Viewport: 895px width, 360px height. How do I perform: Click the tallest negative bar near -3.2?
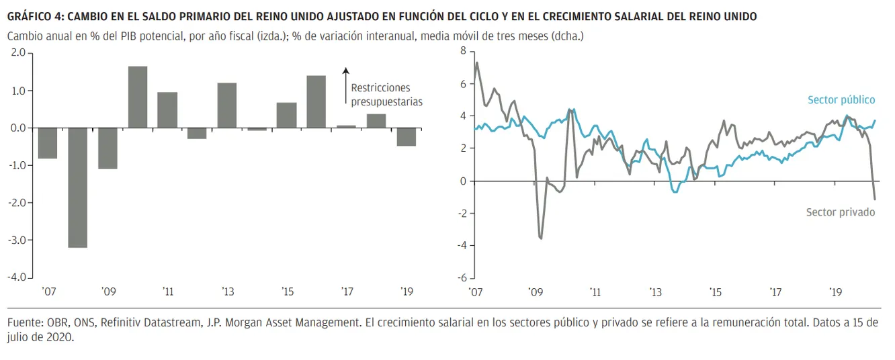[x=77, y=187]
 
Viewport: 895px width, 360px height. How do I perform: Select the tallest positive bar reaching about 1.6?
[x=138, y=97]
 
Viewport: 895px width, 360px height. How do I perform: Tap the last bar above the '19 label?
[x=406, y=136]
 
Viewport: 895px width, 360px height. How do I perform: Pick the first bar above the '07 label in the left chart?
[x=48, y=143]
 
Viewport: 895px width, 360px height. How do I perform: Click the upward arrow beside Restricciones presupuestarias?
[x=345, y=85]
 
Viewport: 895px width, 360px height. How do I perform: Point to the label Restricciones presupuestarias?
[x=386, y=95]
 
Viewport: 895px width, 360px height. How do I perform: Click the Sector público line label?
[x=841, y=100]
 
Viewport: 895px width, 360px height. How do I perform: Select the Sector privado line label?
[x=841, y=212]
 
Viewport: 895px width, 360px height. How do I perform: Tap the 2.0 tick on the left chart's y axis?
[x=18, y=52]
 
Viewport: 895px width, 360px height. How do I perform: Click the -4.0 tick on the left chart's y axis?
[x=17, y=277]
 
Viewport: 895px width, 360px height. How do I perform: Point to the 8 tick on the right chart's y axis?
[x=463, y=51]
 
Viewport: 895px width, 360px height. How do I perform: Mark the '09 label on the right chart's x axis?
[x=535, y=292]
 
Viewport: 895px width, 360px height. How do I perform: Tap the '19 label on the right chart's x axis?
[x=836, y=292]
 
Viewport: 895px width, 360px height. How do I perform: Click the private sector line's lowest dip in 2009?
[x=541, y=238]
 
